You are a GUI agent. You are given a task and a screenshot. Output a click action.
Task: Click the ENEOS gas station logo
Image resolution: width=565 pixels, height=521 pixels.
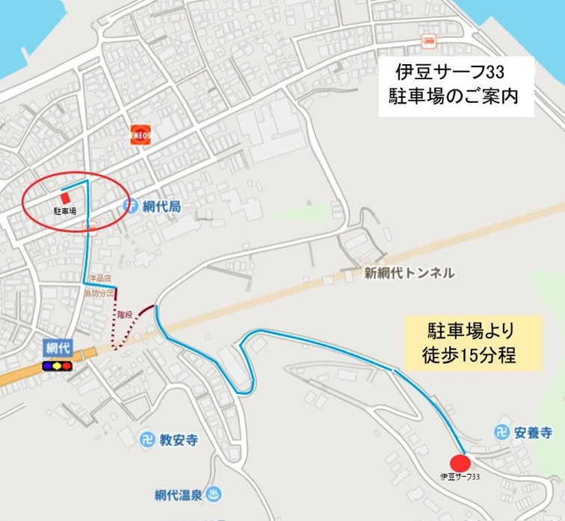pyautogui.click(x=140, y=134)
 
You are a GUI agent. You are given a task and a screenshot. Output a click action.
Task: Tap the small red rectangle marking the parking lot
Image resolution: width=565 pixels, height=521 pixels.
pyautogui.click(x=65, y=198)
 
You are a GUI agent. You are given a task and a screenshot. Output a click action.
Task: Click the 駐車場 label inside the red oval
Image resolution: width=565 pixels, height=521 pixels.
pyautogui.click(x=65, y=212)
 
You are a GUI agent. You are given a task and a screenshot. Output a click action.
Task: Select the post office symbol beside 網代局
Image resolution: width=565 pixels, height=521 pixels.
pyautogui.click(x=130, y=206)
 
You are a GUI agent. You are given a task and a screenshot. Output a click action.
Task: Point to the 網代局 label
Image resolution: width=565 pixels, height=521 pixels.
pyautogui.click(x=162, y=206)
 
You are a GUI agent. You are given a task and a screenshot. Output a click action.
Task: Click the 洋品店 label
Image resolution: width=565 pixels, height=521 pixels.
pyautogui.click(x=99, y=278)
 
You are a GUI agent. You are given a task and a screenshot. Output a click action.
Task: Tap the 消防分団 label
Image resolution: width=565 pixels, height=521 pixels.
pyautogui.click(x=99, y=293)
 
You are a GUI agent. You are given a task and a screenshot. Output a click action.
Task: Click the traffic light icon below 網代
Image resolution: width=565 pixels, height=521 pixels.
pyautogui.click(x=57, y=366)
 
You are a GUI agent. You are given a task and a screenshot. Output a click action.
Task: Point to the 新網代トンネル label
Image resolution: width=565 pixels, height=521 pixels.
pyautogui.click(x=409, y=273)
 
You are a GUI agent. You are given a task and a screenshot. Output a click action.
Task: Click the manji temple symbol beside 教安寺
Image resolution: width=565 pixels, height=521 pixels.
pyautogui.click(x=147, y=440)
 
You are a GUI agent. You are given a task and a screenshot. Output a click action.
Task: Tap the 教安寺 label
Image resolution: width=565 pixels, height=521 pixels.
pyautogui.click(x=178, y=440)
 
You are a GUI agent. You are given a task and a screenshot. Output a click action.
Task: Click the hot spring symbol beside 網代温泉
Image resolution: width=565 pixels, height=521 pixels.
pyautogui.click(x=213, y=493)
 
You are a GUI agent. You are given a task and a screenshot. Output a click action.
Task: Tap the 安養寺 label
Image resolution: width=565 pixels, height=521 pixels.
pyautogui.click(x=533, y=432)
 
